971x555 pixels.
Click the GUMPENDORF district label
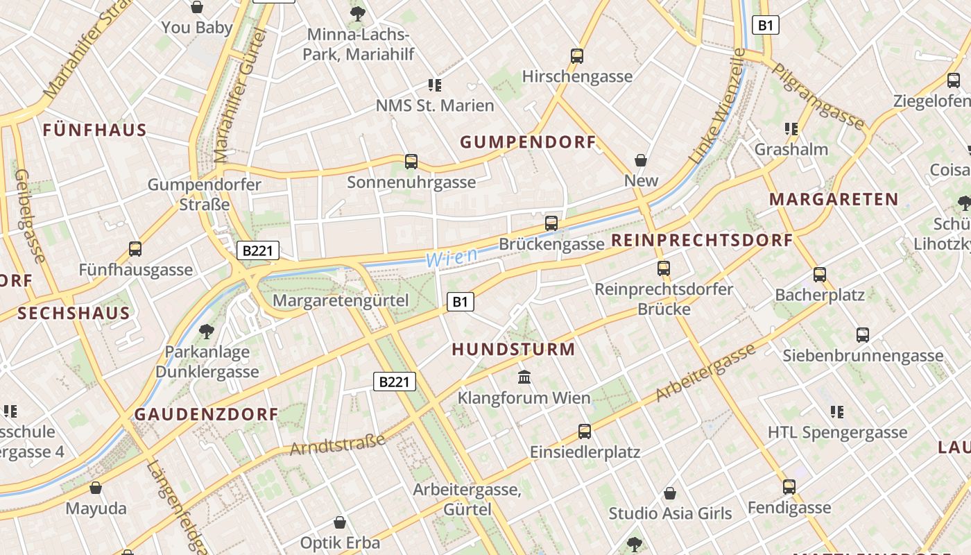[528, 142]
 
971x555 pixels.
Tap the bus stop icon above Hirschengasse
[577, 56]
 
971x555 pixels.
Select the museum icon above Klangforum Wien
[524, 377]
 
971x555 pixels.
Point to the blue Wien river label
[452, 257]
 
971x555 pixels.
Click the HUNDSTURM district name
[513, 349]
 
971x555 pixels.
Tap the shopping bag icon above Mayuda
[96, 488]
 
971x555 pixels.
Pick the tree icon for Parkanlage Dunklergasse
[206, 331]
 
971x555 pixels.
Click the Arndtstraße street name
[337, 445]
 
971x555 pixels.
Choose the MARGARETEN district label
[834, 200]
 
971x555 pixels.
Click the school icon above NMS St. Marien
[435, 85]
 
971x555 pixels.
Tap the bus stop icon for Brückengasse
[551, 223]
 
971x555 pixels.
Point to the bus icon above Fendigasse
[789, 487]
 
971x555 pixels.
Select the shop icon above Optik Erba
[340, 522]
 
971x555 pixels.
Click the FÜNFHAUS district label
[94, 130]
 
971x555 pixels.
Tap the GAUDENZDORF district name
[206, 414]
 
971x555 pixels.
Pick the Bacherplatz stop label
[820, 295]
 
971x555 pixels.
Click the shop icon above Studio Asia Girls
[670, 493]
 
